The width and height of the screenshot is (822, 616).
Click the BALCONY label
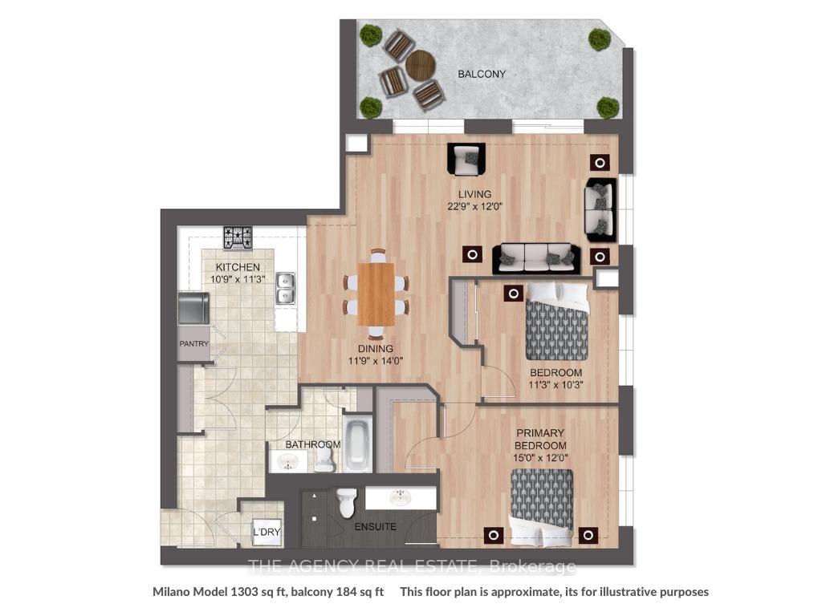point(482,74)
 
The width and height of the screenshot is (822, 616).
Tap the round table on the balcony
point(421,66)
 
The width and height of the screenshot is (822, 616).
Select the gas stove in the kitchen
point(238,237)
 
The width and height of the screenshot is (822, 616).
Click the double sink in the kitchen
point(286,288)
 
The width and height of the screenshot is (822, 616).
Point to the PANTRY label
point(194,343)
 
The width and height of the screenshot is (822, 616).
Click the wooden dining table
point(376,294)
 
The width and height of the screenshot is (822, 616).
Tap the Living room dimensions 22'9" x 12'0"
point(475,206)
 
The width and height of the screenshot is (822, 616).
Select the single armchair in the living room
point(466,160)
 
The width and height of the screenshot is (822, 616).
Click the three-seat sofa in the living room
point(535,258)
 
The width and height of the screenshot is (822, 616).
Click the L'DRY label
point(267,533)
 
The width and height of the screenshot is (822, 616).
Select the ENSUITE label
point(376,526)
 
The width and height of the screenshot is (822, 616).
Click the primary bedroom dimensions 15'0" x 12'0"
point(540,458)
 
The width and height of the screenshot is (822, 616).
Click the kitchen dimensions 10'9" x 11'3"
point(238,279)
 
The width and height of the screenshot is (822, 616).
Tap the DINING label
point(376,348)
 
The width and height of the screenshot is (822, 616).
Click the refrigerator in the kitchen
point(193,308)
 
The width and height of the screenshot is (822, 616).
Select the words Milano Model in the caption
point(190,592)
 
